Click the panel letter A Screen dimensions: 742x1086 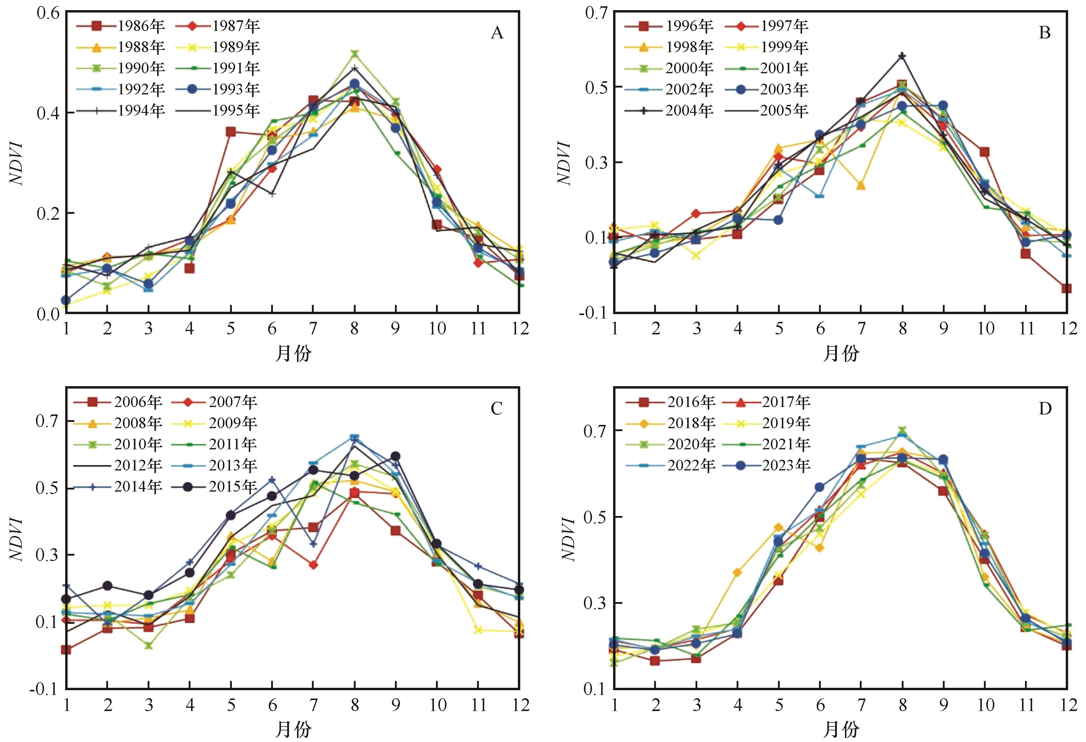(x=497, y=33)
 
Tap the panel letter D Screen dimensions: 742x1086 (x=1045, y=409)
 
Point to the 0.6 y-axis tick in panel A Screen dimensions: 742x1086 (x=48, y=13)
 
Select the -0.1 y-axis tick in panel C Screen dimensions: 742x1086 (x=44, y=689)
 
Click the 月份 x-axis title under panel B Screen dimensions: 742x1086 (x=841, y=353)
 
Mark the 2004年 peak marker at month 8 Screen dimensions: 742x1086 (x=902, y=56)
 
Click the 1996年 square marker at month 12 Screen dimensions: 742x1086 (x=1066, y=289)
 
